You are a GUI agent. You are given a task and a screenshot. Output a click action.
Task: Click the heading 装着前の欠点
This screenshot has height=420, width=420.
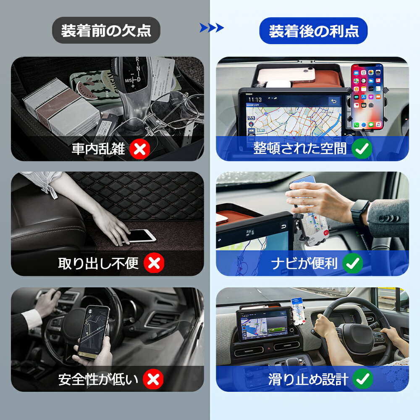[106, 30]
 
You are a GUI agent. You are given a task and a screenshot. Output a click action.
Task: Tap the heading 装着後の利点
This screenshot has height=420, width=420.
[314, 31]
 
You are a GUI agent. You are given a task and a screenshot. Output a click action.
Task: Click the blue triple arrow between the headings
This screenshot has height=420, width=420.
[212, 28]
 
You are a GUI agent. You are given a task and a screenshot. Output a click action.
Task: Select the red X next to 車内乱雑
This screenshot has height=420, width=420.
[140, 149]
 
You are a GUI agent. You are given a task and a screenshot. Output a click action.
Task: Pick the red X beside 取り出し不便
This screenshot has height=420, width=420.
[154, 263]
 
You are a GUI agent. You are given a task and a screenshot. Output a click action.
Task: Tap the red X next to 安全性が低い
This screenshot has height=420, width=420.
[153, 379]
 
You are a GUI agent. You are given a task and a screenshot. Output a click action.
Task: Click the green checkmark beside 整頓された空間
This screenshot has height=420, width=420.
[362, 149]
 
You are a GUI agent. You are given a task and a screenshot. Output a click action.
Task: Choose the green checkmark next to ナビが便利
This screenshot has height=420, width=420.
[353, 263]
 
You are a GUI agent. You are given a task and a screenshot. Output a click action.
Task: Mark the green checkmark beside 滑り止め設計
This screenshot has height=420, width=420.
[363, 379]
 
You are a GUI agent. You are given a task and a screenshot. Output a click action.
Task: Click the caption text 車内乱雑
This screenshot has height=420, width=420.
[98, 149]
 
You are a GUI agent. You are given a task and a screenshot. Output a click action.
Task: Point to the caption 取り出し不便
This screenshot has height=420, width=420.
[98, 263]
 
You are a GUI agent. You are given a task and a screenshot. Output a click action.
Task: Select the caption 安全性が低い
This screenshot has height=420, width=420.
[98, 379]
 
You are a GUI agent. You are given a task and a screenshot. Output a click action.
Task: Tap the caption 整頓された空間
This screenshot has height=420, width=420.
[300, 148]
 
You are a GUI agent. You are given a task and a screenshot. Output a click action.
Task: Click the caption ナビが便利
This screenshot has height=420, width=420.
[304, 263]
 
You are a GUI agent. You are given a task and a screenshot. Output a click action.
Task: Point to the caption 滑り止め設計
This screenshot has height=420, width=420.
[308, 379]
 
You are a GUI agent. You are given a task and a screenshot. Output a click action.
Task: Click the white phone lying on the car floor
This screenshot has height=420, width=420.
[140, 236]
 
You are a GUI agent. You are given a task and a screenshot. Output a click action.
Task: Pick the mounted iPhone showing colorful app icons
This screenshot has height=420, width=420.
[367, 97]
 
